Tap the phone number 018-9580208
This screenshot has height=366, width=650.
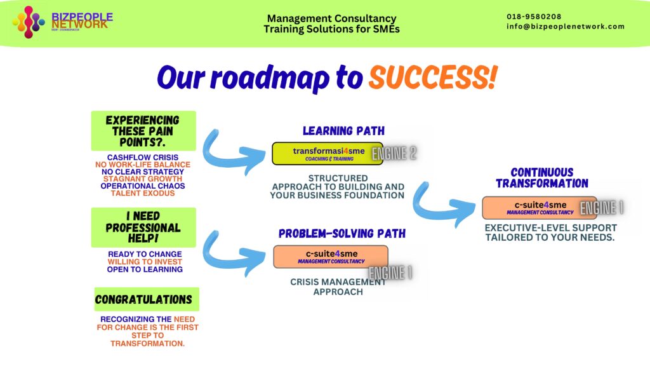point(534,17)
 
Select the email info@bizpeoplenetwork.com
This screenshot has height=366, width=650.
point(566,27)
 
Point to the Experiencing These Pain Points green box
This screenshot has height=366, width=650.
point(143,131)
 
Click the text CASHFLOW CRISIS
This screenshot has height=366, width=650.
point(143,157)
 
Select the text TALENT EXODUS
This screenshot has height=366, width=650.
point(143,193)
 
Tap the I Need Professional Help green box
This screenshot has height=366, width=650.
point(143,227)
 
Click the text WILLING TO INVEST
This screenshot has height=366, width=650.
point(145,261)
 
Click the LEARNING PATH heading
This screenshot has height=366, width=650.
point(343,131)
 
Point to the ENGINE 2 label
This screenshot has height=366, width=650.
point(394,153)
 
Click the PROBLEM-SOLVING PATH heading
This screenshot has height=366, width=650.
point(342,234)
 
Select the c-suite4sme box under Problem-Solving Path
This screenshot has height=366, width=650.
point(330,256)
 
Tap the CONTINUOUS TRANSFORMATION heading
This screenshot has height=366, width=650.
point(541,178)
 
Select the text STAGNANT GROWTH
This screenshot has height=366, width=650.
point(143,179)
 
